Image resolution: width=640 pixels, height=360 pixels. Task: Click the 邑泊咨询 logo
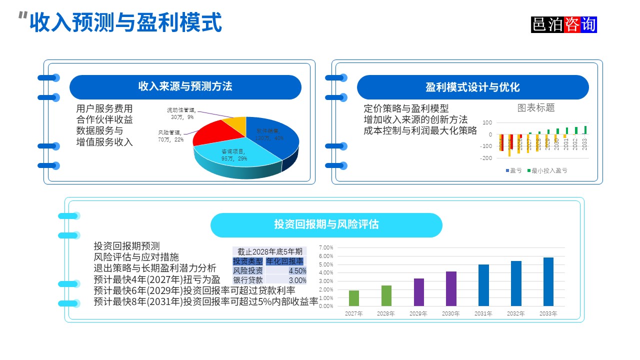pos(564,24)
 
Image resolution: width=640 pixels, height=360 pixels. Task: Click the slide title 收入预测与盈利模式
pos(125,23)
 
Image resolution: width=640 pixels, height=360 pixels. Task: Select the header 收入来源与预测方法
pos(185,87)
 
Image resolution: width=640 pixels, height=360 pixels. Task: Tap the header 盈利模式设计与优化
pos(472,87)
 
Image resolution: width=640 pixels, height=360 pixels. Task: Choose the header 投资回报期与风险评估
pos(326,225)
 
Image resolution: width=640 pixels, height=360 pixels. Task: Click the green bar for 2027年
pos(353,298)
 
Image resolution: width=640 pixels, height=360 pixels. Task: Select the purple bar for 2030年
pos(451,288)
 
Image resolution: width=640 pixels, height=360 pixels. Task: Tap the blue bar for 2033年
pos(548,281)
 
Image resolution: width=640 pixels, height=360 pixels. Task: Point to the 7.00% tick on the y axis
pos(325,247)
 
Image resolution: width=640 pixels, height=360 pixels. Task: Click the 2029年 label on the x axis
pos(418,313)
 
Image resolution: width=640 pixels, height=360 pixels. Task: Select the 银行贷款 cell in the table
pos(248,280)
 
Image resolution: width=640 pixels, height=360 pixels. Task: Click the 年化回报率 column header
pos(284,261)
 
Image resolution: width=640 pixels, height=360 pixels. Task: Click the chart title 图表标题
pos(536,107)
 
